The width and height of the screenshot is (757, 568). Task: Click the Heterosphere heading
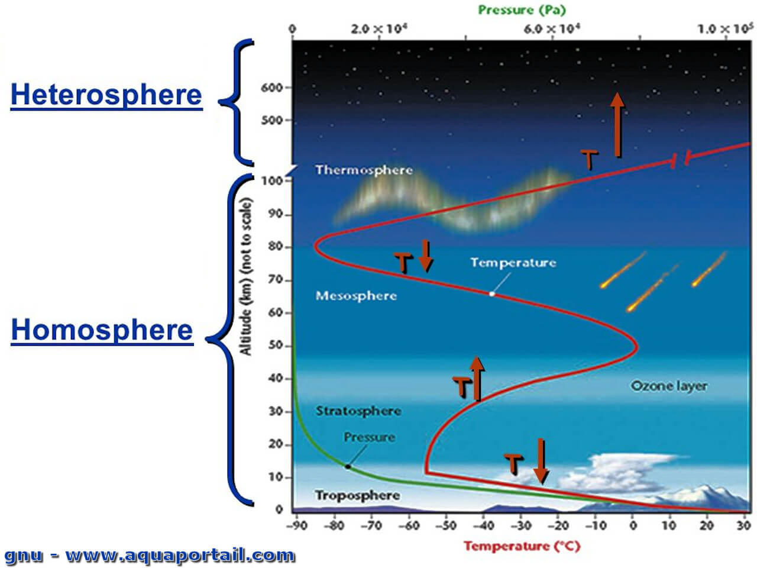click(106, 95)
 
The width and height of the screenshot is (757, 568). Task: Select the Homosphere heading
click(102, 330)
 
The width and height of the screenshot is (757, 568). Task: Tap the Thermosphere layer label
click(364, 170)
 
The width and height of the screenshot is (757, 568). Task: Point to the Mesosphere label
click(356, 296)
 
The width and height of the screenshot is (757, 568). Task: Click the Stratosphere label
click(358, 411)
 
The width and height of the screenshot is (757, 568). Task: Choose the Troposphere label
click(358, 495)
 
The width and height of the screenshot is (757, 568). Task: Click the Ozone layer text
click(669, 386)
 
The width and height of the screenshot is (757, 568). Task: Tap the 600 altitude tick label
click(272, 88)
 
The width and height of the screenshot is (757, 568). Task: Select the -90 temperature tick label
click(297, 525)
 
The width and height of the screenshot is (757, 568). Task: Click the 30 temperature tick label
click(743, 525)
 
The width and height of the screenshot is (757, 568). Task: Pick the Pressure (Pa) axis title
click(522, 10)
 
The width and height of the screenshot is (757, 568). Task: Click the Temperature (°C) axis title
click(522, 546)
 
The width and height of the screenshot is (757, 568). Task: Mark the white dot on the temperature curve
click(492, 294)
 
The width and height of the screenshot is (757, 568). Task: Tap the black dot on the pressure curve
click(348, 467)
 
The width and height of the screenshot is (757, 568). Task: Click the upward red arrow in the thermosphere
click(617, 125)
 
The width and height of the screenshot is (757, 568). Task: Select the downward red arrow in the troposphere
click(541, 461)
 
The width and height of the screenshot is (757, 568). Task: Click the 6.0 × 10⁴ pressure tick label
click(552, 28)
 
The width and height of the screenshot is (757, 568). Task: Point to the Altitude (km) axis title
click(245, 276)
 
